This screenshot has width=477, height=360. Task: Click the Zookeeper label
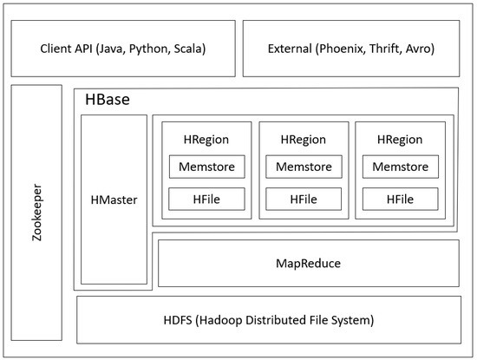tap(36, 213)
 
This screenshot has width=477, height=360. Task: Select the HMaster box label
tap(114, 200)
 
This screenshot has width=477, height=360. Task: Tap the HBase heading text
tap(108, 100)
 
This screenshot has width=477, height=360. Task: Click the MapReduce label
tap(308, 262)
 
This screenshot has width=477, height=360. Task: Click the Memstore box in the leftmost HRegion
tap(206, 166)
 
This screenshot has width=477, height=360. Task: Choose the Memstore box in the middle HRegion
tap(304, 166)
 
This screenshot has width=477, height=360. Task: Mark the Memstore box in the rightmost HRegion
tap(400, 166)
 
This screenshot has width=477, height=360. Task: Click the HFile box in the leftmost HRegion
tap(206, 200)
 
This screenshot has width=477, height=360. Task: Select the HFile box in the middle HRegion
tap(304, 200)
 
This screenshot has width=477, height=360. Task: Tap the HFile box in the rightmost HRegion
tap(400, 200)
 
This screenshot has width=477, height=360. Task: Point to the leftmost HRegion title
tap(206, 139)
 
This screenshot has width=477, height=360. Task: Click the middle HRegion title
tap(304, 139)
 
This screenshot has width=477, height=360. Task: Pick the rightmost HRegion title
tap(400, 139)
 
